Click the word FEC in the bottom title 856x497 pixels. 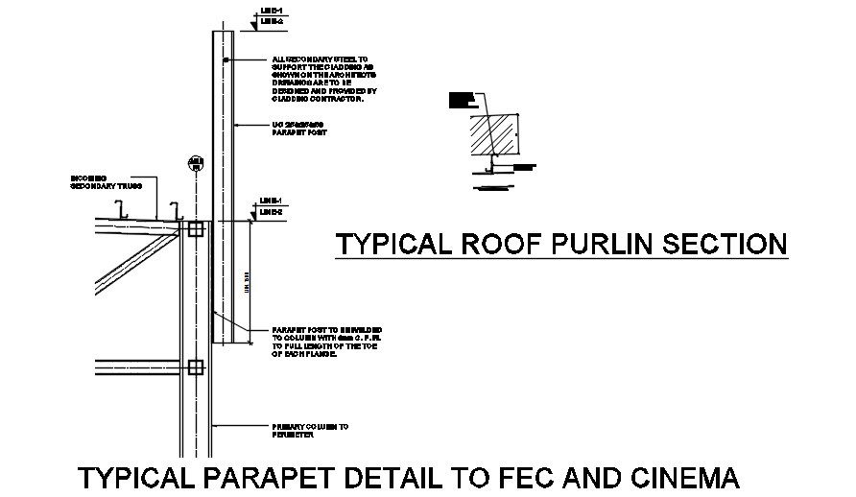tap(531, 477)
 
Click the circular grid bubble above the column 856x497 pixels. tap(196, 162)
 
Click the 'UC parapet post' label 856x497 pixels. tap(299, 128)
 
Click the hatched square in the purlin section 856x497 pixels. tap(493, 133)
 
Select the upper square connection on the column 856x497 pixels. tap(196, 229)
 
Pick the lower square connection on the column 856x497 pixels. tap(196, 367)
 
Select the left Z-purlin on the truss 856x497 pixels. tap(120, 209)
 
